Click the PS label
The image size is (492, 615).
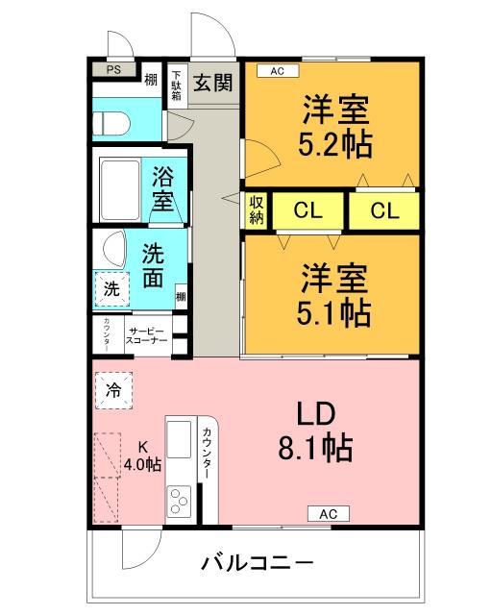(x=113, y=69)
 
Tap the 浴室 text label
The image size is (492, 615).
(x=162, y=189)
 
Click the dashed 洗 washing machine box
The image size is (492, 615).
(x=111, y=287)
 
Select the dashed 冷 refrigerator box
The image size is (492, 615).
(x=113, y=390)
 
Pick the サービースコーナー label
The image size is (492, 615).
(x=148, y=335)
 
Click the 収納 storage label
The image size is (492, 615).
(x=257, y=209)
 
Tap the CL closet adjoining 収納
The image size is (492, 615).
(x=307, y=210)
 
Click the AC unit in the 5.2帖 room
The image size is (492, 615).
(x=277, y=70)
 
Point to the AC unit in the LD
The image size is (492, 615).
(x=327, y=513)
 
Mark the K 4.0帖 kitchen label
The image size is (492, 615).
(x=142, y=455)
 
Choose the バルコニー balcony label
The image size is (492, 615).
(x=257, y=561)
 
